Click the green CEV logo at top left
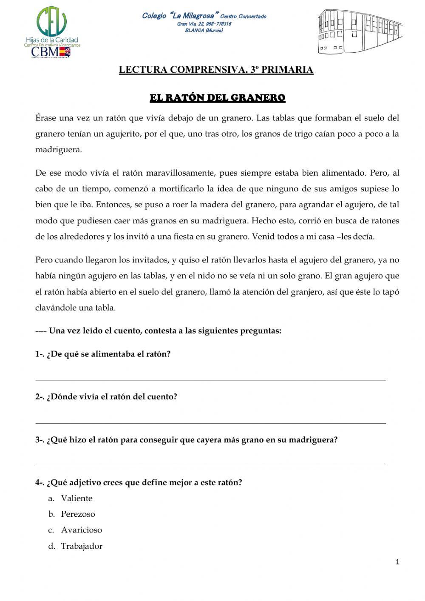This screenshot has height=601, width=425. [52, 21]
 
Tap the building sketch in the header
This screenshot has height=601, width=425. [360, 31]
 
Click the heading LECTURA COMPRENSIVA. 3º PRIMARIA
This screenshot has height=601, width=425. [216, 70]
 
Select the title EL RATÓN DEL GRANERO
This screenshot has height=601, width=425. [217, 98]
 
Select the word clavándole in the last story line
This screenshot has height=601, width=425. [55, 308]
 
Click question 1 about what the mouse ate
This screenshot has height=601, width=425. [103, 354]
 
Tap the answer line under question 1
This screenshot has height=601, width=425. [211, 379]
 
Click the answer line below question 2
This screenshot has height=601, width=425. [211, 423]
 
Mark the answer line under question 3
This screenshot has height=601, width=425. [211, 466]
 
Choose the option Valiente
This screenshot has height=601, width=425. [76, 498]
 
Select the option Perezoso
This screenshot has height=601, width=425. [78, 514]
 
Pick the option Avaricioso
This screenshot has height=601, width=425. [81, 530]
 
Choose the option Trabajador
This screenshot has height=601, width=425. [82, 546]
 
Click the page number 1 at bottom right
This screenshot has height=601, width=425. [397, 562]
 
